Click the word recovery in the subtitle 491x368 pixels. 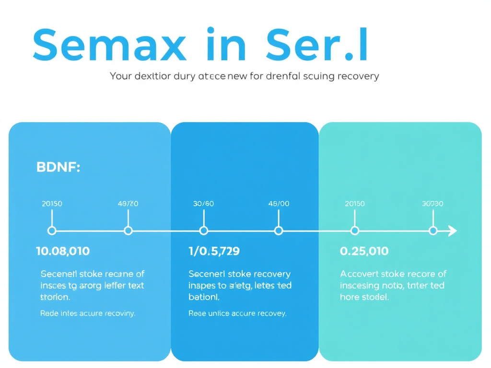[x=358, y=76]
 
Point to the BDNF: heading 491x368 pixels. [x=58, y=168]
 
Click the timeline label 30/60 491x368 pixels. [x=203, y=204]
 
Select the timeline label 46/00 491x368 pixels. [x=279, y=204]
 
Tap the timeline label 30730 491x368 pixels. [x=433, y=204]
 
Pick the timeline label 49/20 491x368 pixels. [x=128, y=204]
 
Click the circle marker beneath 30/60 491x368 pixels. [x=203, y=231]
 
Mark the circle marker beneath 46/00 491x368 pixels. [x=279, y=231]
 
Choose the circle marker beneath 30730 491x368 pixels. [x=433, y=231]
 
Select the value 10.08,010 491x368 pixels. [x=63, y=251]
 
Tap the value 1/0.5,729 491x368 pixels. [x=214, y=251]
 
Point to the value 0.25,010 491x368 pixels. [x=364, y=251]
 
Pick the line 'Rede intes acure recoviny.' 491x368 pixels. [x=88, y=314]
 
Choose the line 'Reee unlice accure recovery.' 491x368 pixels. [x=237, y=314]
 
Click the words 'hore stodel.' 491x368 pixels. [x=364, y=297]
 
